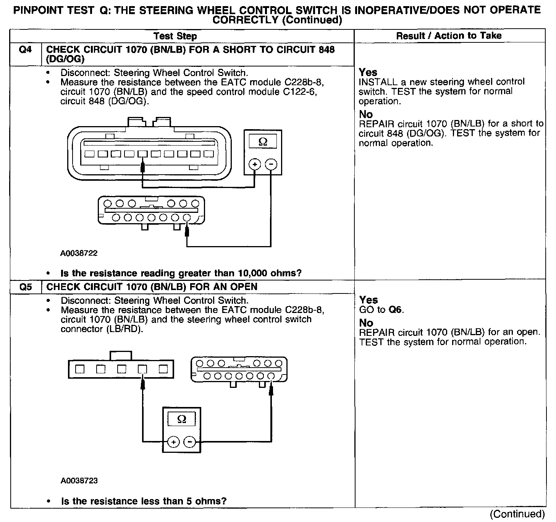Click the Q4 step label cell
point(25,50)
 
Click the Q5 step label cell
point(25,287)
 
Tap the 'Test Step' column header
point(175,36)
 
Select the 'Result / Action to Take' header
point(449,36)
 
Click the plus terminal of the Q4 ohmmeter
point(255,164)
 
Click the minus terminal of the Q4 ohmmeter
point(271,164)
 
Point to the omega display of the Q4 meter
point(263,142)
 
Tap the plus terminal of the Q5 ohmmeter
point(173,442)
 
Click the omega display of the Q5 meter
point(182,420)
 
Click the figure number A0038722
point(79,253)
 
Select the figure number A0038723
point(79,480)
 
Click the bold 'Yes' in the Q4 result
point(368,72)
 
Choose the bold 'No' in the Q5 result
point(366,323)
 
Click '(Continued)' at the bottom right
point(517,514)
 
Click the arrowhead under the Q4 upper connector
point(142,166)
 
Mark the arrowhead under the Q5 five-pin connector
point(142,382)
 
